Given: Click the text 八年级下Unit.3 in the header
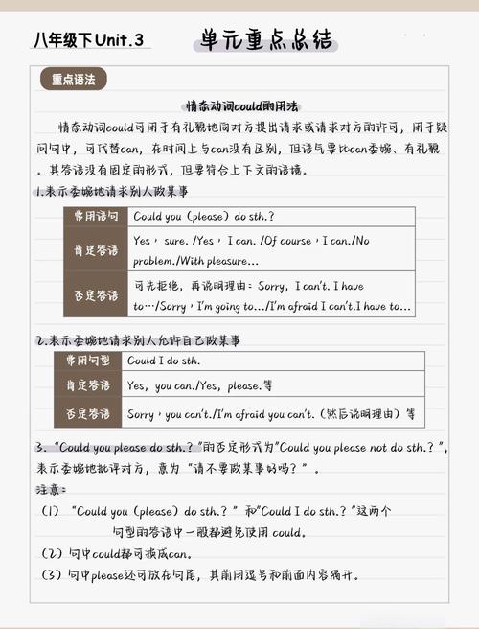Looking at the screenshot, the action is coord(88,40).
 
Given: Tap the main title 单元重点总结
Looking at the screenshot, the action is coord(267,39).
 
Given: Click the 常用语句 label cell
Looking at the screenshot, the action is coord(96,216).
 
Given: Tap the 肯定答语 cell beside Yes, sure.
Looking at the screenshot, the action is coord(96,250).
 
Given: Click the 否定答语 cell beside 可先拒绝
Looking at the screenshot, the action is coord(96,294).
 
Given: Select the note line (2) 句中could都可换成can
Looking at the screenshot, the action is coord(116,554).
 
